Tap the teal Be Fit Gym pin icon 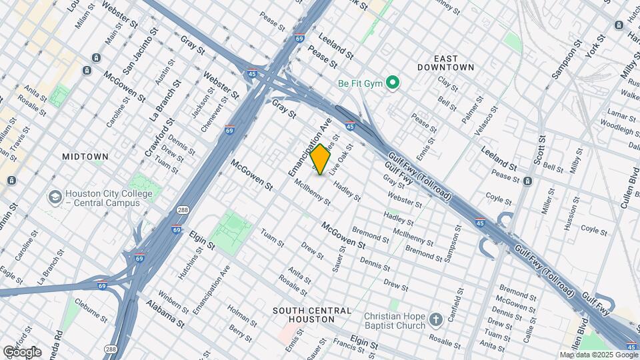tap(393, 83)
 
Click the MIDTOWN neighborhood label tap(85, 157)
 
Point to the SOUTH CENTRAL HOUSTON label tap(311, 315)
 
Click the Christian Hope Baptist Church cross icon tap(435, 319)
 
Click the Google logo tap(21, 351)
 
